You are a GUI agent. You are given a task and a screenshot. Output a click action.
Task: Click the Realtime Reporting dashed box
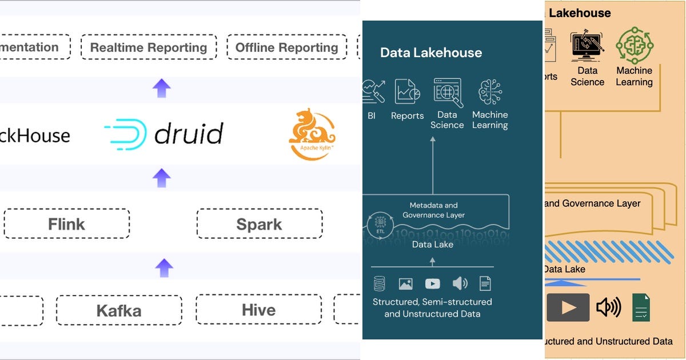pos(149,47)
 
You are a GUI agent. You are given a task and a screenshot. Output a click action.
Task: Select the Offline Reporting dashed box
pos(286,47)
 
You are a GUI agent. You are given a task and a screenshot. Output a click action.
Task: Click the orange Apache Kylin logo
pos(312,134)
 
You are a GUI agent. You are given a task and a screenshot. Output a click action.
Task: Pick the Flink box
pos(66,224)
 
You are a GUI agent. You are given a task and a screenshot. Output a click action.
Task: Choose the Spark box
pos(259,224)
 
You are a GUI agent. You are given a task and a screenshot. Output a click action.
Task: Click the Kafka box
pos(119,310)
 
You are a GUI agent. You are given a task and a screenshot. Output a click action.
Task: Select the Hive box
pos(258,310)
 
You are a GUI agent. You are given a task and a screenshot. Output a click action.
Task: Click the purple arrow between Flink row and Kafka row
pos(164,267)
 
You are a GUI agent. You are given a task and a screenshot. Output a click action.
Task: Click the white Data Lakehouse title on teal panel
pos(431,53)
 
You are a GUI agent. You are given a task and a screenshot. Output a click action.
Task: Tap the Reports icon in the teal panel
pos(408,92)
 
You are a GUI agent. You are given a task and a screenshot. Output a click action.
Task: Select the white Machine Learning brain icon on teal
pos(490,92)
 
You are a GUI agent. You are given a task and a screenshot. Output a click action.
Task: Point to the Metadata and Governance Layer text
pos(434,210)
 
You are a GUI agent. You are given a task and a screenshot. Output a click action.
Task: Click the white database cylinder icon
pos(379,283)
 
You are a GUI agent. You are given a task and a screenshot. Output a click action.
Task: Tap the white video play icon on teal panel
pos(433,283)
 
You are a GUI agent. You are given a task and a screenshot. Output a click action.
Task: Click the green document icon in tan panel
pos(641,307)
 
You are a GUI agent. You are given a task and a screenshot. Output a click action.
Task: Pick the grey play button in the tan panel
pos(568,307)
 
